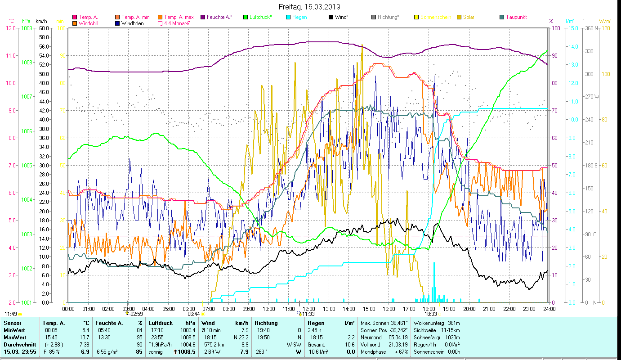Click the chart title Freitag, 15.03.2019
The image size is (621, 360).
[309, 7]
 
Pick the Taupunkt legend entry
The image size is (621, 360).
[516, 17]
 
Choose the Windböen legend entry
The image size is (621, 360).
[132, 23]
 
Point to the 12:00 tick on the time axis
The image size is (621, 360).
[309, 309]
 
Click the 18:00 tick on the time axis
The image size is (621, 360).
[429, 309]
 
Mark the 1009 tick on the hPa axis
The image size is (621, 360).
[27, 28]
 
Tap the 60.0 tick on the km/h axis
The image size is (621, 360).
[44, 28]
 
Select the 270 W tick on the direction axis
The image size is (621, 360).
[591, 96]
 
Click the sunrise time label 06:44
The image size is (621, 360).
[194, 314]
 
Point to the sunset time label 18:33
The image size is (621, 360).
[431, 314]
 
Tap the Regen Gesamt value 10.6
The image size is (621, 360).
[349, 344]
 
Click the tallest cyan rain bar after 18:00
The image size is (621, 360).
[434, 281]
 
